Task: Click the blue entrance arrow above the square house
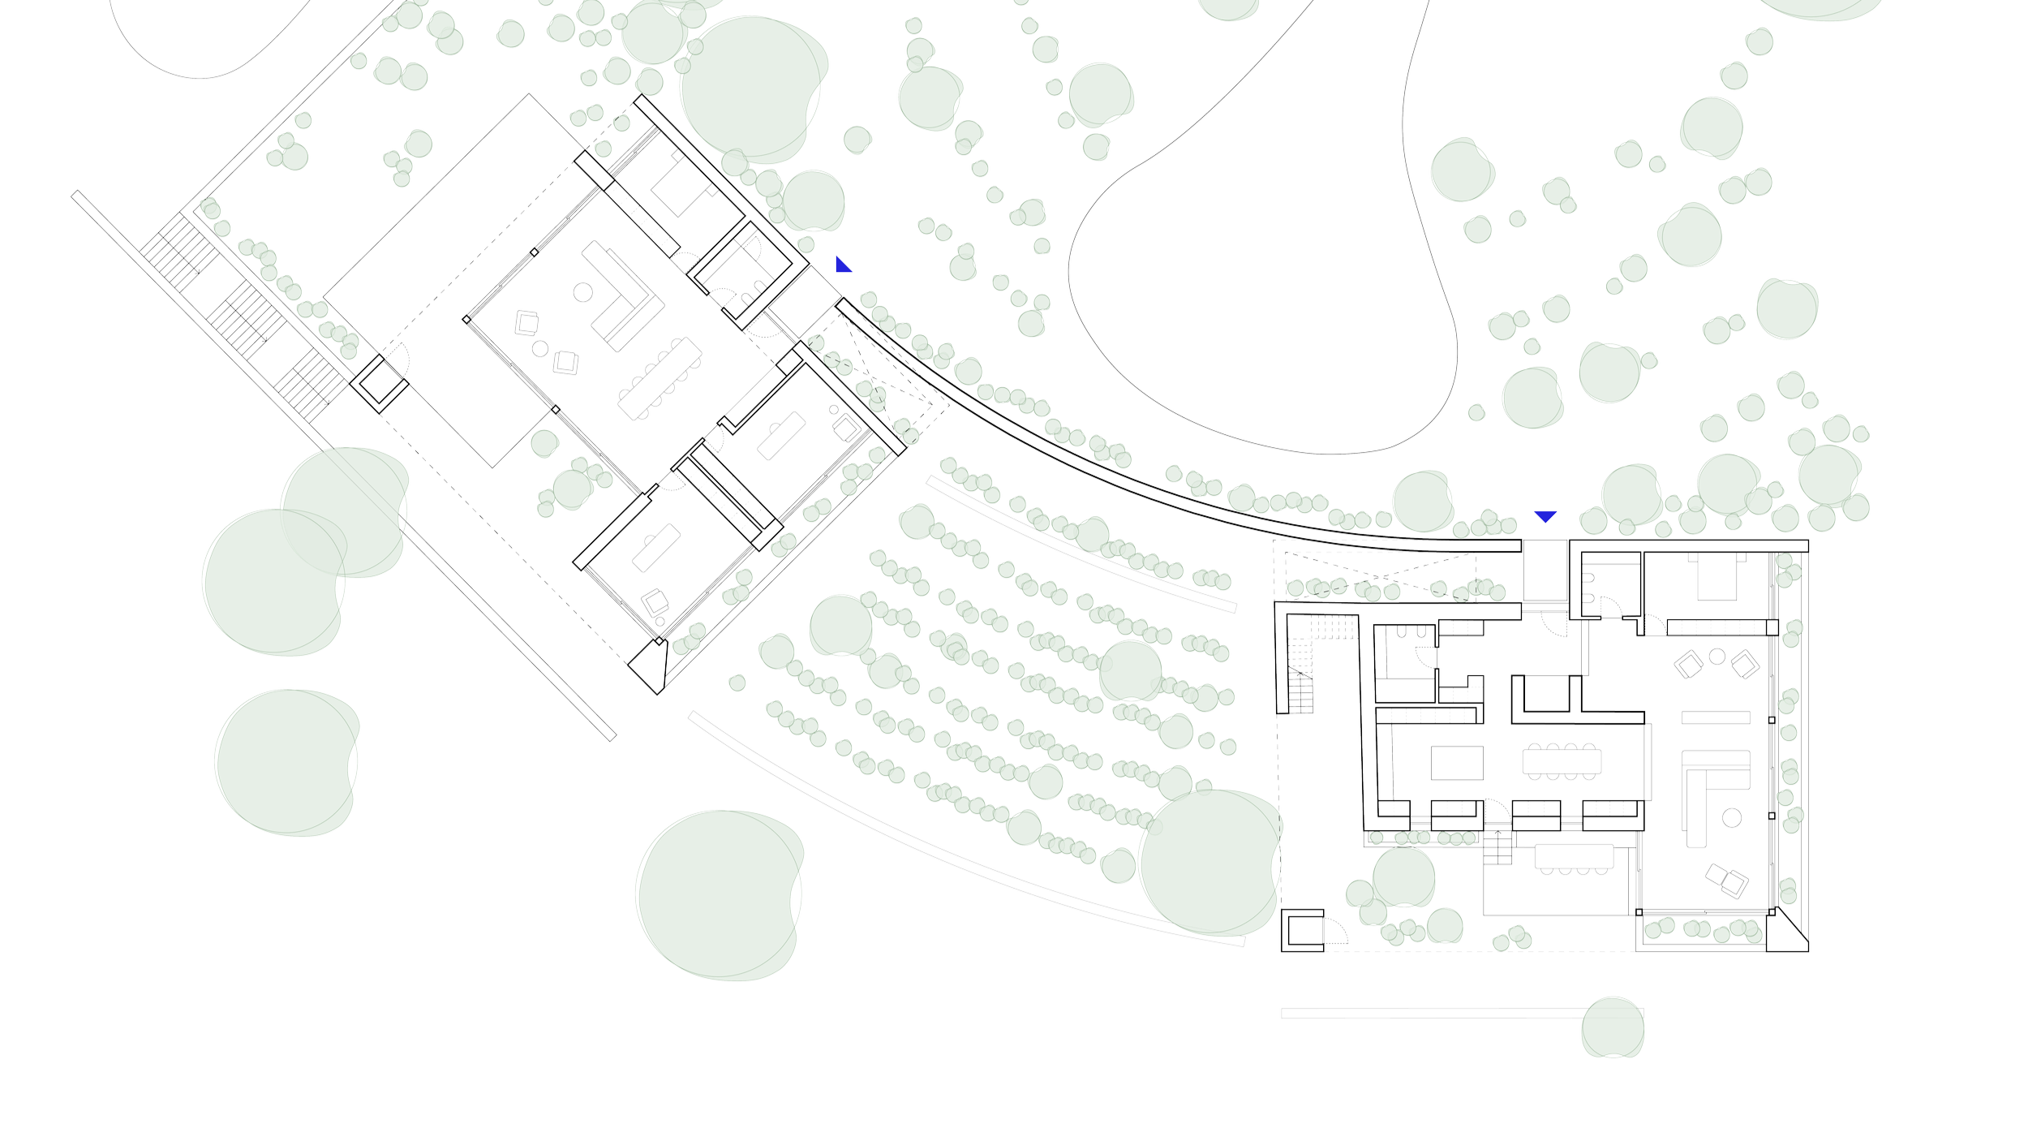coord(1545,517)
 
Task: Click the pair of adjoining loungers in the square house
coord(1726,881)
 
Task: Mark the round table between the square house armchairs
coord(1716,656)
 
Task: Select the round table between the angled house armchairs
coord(541,349)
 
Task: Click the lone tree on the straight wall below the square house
coord(1612,1027)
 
